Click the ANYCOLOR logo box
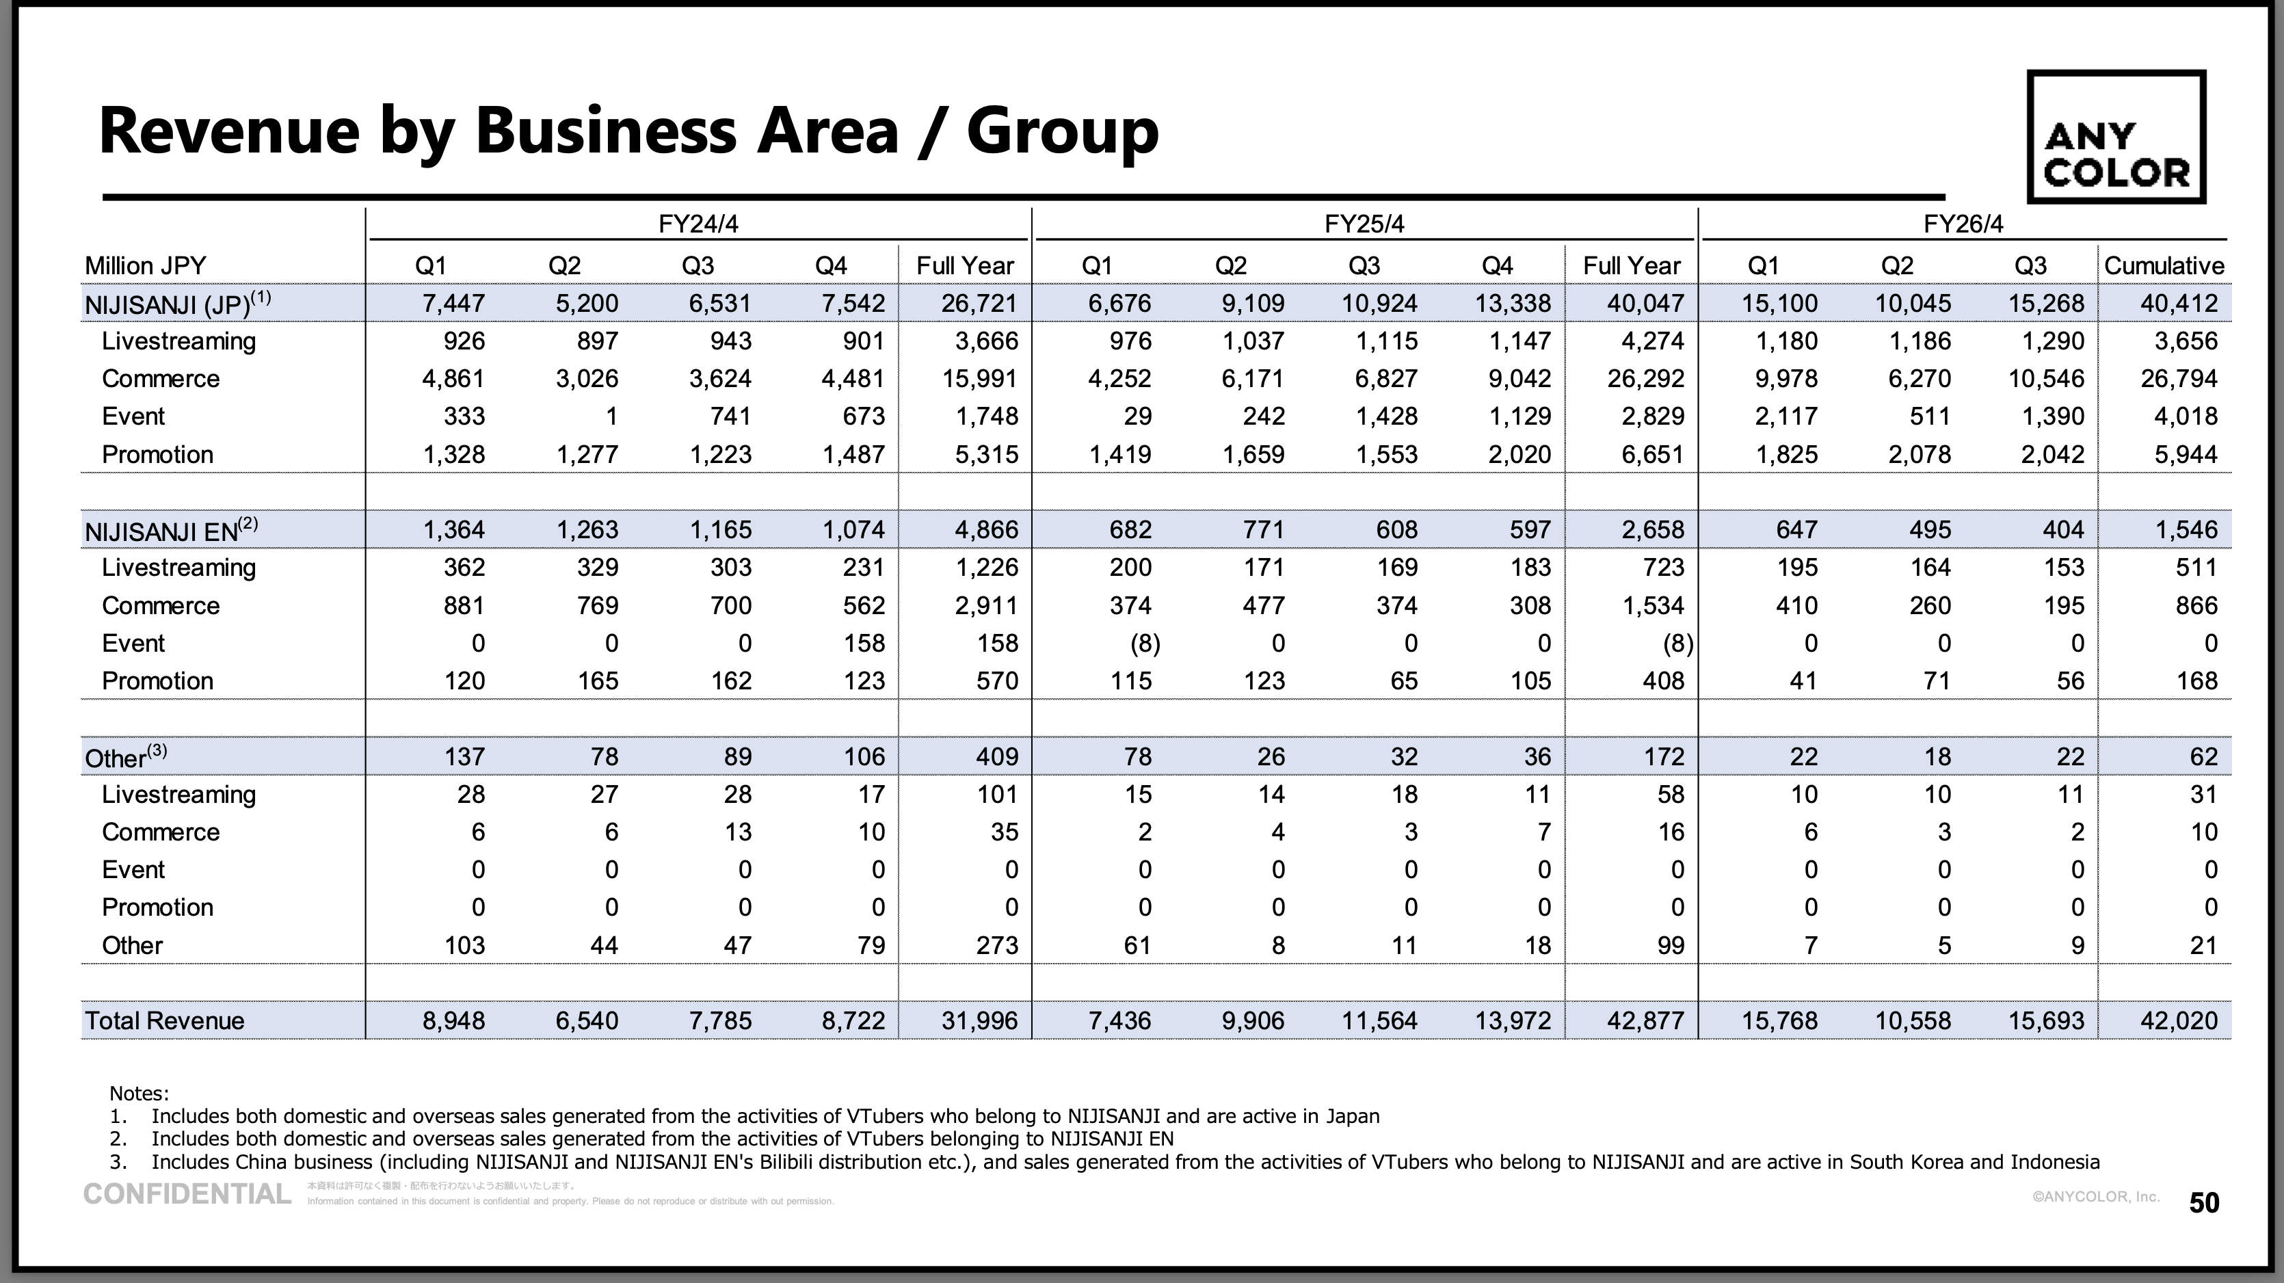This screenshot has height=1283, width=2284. [2116, 137]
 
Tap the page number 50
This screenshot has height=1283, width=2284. [2204, 1202]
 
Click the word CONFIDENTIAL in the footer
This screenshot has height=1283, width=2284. [187, 1194]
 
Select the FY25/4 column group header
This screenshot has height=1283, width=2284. [1364, 224]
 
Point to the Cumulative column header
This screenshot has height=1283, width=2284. [2164, 266]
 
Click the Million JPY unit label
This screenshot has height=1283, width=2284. [146, 266]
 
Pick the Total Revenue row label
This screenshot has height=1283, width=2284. [164, 1020]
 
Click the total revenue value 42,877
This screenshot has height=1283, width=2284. [1645, 1020]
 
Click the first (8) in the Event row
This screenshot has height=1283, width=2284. [1145, 643]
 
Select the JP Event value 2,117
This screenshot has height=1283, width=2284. [1785, 416]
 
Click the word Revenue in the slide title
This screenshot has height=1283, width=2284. [230, 131]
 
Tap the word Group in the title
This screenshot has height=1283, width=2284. [1062, 131]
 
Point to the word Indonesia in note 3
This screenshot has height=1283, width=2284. [2054, 1161]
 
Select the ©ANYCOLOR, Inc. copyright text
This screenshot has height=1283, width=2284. [2095, 1197]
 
